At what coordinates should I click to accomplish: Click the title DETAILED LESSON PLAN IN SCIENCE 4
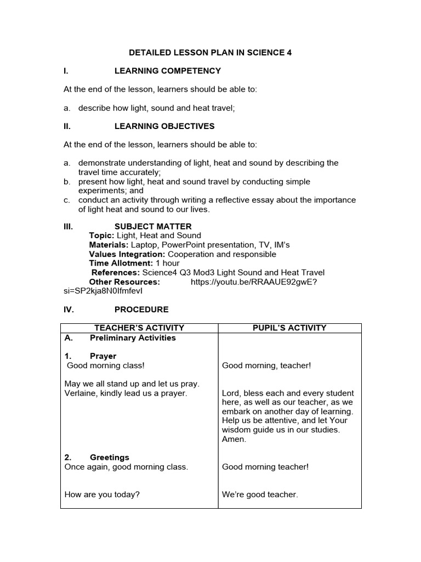point(210,53)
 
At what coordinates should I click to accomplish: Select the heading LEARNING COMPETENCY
point(167,71)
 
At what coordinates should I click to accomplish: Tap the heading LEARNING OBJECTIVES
point(164,126)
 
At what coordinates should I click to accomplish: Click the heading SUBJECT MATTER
point(153,226)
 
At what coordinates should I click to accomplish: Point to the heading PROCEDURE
point(141,310)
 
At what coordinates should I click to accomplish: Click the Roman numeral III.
point(69,226)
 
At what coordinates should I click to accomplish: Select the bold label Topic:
point(101,235)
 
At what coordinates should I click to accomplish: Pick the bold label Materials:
point(109,245)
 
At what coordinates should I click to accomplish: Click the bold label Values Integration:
point(127,254)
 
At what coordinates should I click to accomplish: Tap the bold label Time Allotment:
point(121,263)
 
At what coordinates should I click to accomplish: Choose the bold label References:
point(116,273)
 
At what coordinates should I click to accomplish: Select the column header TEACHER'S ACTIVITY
point(139,328)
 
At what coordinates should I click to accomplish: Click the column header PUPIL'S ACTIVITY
point(289,328)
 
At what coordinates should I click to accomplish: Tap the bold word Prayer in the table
point(103,356)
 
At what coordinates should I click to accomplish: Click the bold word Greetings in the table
point(110,457)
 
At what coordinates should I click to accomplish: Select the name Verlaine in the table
point(79,394)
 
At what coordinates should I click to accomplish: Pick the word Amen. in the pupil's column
point(234,440)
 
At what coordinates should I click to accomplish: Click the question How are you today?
point(102,494)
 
